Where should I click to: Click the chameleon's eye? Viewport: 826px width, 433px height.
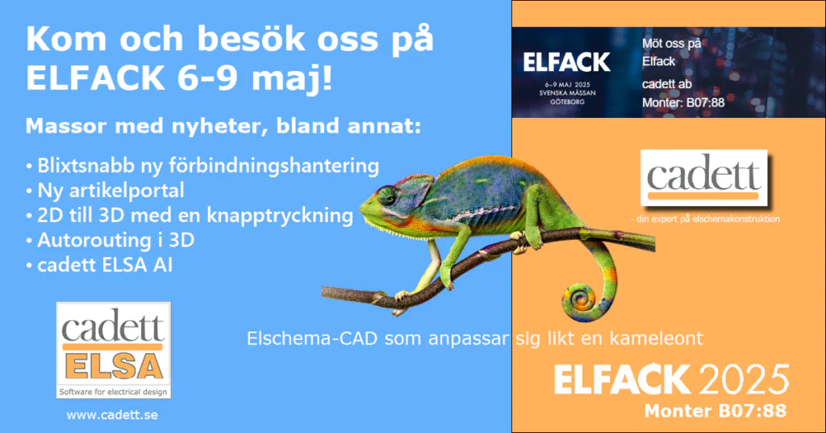(x=389, y=197)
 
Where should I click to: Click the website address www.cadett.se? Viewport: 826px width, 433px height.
(x=112, y=414)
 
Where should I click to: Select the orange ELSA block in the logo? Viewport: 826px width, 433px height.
(x=113, y=364)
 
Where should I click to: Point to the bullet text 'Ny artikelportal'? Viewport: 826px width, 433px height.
(x=111, y=191)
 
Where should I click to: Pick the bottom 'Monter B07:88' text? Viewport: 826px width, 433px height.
(x=715, y=411)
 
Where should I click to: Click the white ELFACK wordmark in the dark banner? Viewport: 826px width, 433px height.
(x=566, y=62)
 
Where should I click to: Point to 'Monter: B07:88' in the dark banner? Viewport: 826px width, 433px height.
(x=682, y=103)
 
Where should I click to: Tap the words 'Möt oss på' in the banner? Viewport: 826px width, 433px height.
(x=671, y=42)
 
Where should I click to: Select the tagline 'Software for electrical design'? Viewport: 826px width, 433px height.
(x=113, y=392)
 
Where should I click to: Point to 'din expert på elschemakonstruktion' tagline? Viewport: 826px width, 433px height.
(x=704, y=218)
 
